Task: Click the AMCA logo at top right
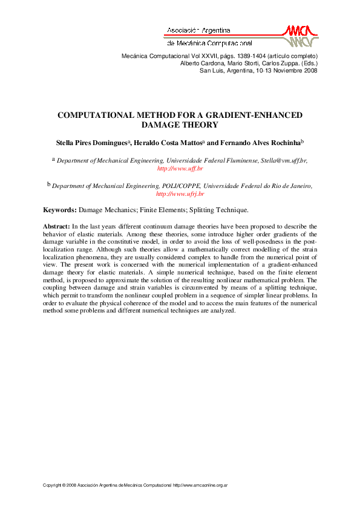[x=300, y=36]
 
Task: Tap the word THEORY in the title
[x=199, y=125]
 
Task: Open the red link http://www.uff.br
[x=180, y=169]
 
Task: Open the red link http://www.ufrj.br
[x=180, y=194]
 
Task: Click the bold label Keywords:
[x=60, y=210]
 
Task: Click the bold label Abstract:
[x=56, y=226]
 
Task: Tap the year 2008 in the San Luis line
[x=310, y=70]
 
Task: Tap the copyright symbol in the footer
[x=62, y=485]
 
